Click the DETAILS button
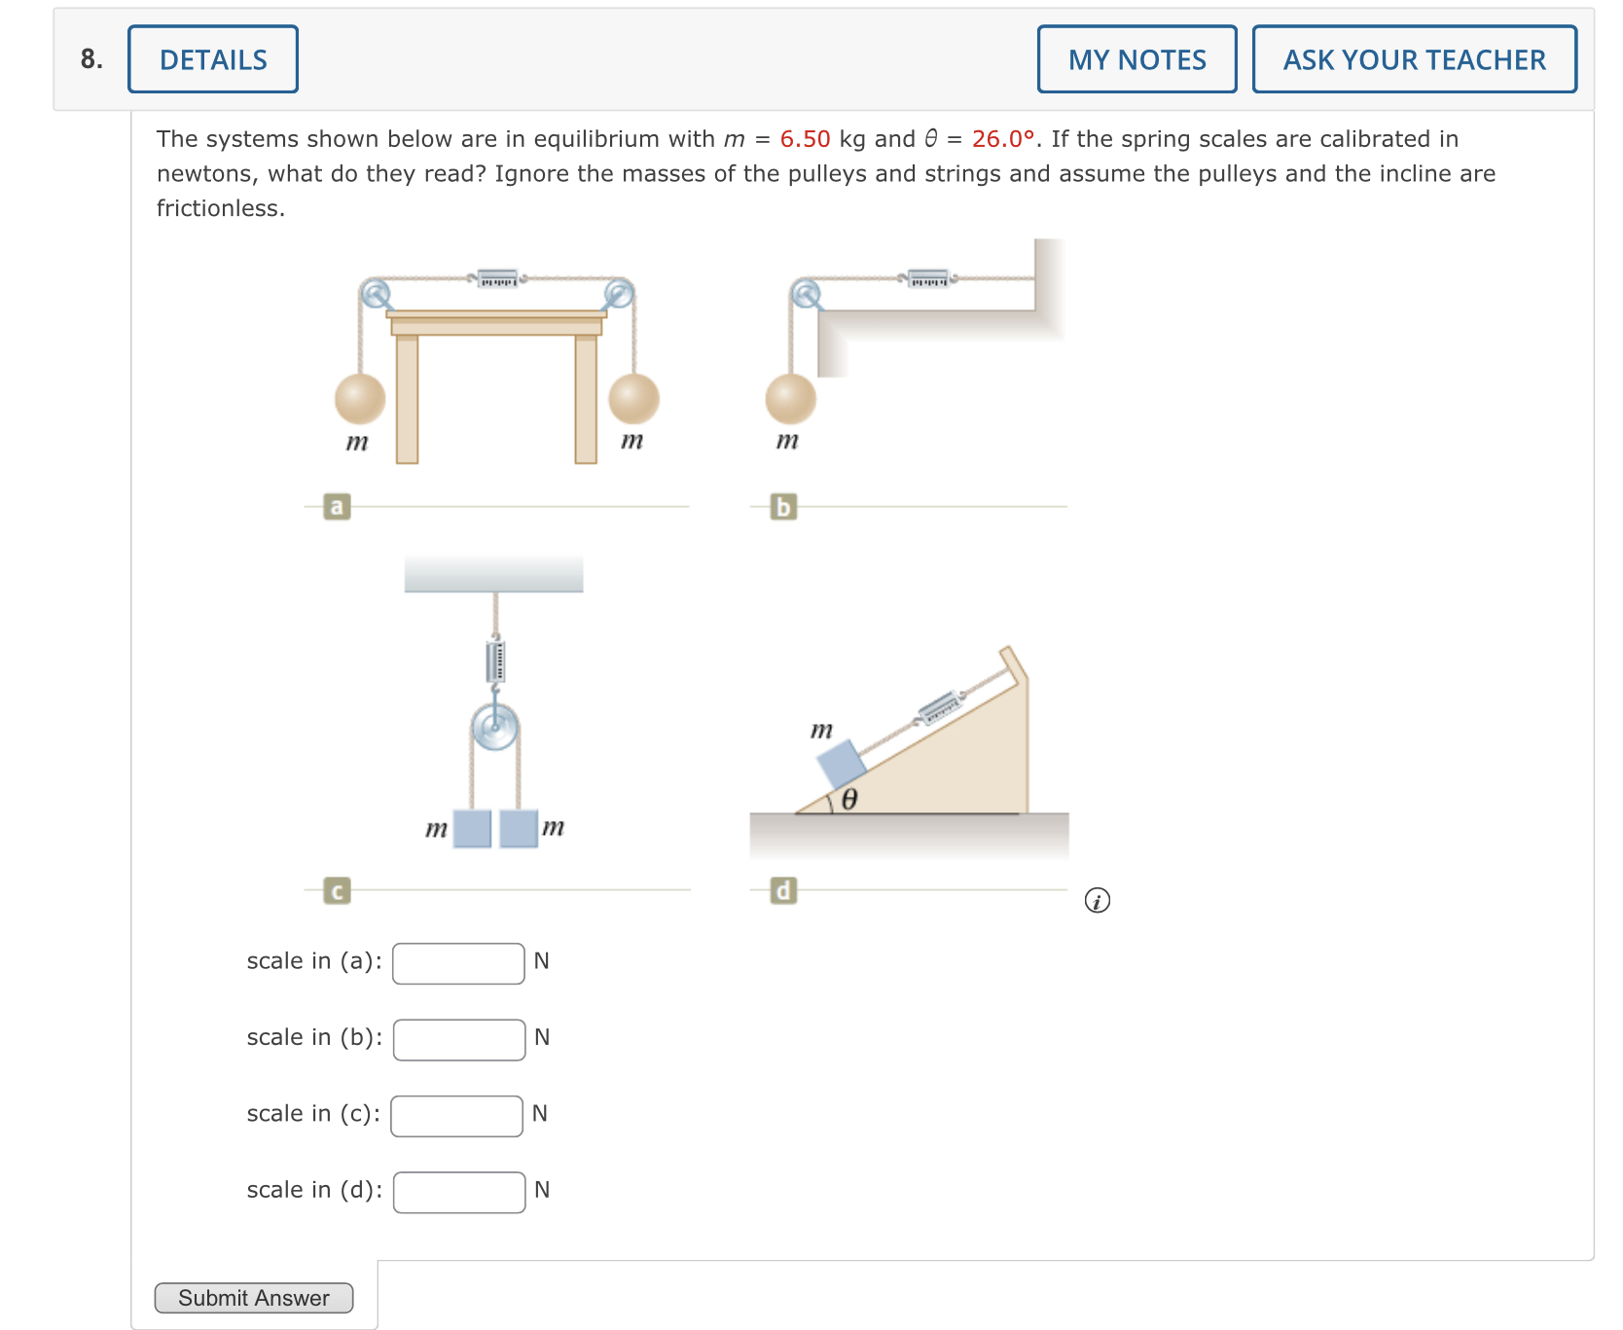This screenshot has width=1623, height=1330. (212, 59)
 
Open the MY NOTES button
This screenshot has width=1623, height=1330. (1136, 59)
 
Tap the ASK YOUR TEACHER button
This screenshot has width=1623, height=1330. (1414, 59)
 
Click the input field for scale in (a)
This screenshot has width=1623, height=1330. (458, 963)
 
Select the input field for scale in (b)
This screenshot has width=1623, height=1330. (459, 1039)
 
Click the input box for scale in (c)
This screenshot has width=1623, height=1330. (456, 1116)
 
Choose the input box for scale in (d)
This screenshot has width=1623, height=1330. (459, 1192)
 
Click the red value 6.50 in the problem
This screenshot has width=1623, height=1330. (805, 139)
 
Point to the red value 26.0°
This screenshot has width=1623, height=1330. (1002, 139)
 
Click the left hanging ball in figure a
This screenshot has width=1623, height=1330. (360, 398)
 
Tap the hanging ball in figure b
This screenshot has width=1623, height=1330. (790, 398)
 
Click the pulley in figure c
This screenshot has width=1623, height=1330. (495, 726)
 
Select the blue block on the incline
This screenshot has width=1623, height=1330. (841, 765)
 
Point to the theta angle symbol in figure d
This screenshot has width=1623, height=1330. (848, 800)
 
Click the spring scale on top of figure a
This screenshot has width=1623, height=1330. (497, 279)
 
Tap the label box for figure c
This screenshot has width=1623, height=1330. (337, 890)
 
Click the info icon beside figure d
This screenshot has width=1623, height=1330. (1097, 901)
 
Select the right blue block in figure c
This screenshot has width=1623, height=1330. (519, 828)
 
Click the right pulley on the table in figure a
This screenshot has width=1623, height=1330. (618, 292)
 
